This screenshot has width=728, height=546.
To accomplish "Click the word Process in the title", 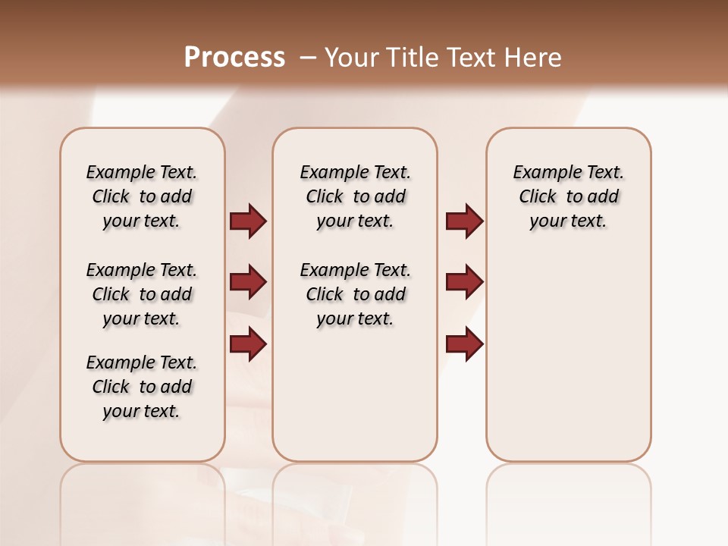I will click(x=234, y=58).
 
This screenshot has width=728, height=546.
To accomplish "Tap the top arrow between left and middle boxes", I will click(x=248, y=221).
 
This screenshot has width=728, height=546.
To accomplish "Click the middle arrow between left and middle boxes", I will click(x=248, y=282).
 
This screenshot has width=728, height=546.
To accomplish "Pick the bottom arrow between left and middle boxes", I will click(x=248, y=344).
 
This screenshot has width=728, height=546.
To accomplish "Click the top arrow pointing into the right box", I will click(x=464, y=221).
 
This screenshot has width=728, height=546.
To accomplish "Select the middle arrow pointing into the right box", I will click(x=464, y=282).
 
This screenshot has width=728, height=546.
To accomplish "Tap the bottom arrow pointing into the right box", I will click(x=464, y=344).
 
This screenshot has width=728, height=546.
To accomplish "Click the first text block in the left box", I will click(x=142, y=196).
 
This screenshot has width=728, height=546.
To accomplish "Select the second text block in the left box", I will click(x=142, y=294).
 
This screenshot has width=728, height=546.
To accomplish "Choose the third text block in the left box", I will click(x=142, y=387).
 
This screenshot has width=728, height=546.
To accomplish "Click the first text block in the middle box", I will click(x=355, y=196).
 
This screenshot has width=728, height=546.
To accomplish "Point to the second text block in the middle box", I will click(x=355, y=294).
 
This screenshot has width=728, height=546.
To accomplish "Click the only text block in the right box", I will click(x=568, y=196).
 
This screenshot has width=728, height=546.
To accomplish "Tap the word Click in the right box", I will click(x=538, y=197).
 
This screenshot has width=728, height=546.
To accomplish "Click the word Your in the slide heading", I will click(x=352, y=58).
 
